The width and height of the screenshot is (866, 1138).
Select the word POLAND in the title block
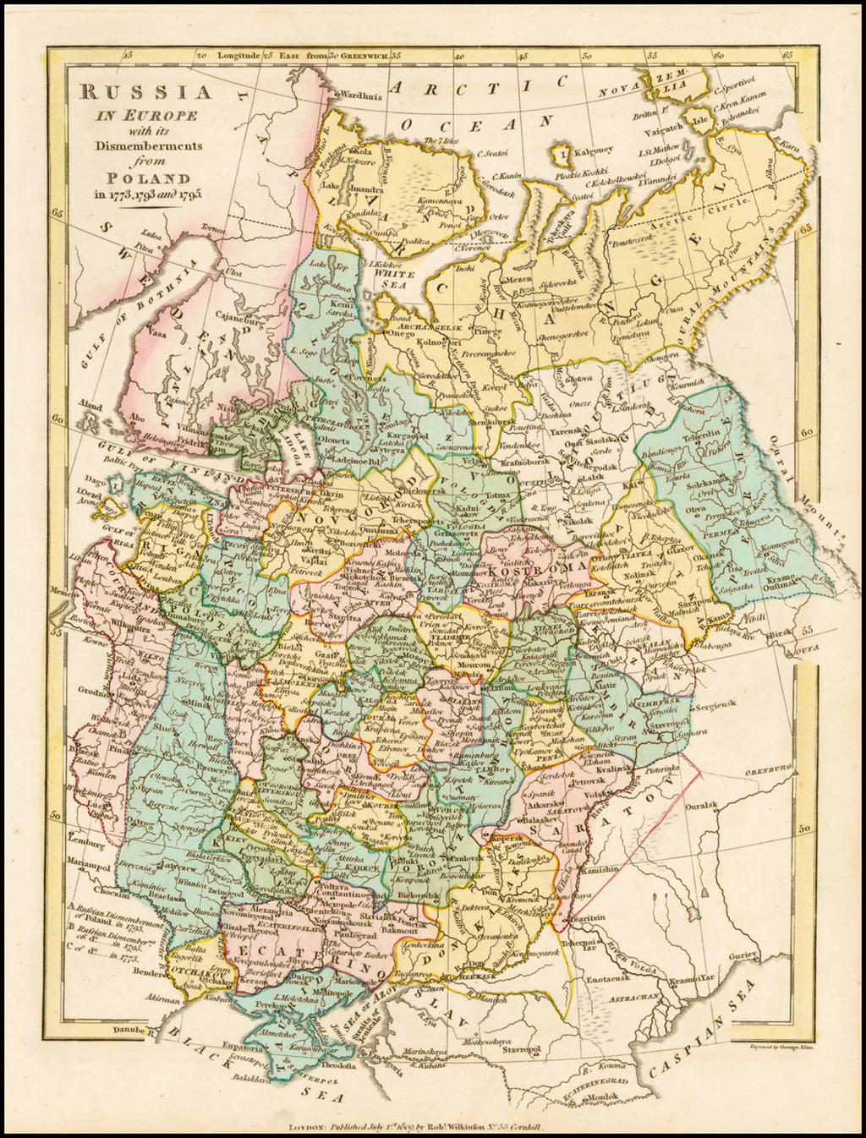click(135, 178)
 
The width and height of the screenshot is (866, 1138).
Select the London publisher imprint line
click(423, 1127)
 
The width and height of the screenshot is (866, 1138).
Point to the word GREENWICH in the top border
click(365, 55)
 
